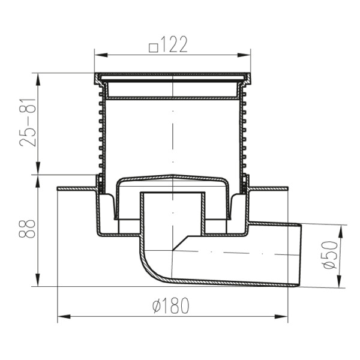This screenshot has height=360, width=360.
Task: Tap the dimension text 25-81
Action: tap(28, 123)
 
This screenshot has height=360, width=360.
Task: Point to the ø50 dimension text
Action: tap(330, 255)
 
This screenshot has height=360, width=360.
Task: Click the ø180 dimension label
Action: tap(171, 305)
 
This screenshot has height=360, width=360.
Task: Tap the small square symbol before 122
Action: tap(154, 48)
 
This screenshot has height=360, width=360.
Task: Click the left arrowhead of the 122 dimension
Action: tap(101, 55)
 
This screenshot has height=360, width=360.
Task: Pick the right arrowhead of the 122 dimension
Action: tap(244, 55)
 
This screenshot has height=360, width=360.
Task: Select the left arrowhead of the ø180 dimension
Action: tap(64, 317)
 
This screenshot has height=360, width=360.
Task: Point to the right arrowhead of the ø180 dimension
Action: tap(281, 317)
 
